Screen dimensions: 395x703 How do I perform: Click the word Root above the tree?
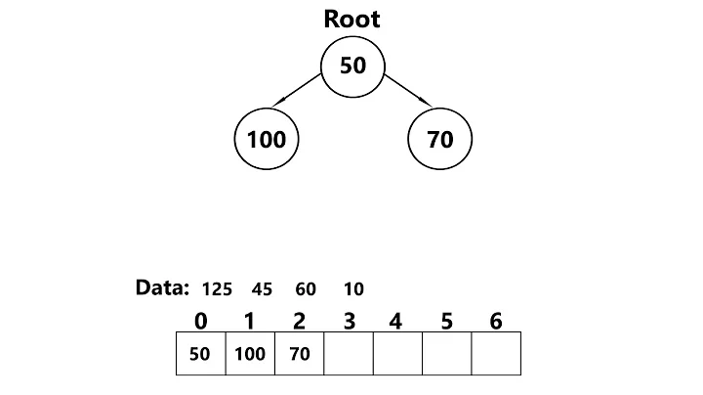pos(351,20)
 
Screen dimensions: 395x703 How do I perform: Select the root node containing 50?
pos(352,66)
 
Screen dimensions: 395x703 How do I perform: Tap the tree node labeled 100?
pos(267,139)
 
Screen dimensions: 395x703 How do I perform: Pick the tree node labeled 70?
pos(439,139)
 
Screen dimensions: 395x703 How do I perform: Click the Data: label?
pos(162,287)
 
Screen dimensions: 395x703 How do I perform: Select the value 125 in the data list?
pos(217,289)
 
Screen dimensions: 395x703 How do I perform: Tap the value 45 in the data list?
pos(261,289)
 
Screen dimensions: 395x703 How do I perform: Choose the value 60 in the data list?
pos(305,289)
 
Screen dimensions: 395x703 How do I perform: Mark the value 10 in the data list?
pos(354,289)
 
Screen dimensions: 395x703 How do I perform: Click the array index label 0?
pos(201,321)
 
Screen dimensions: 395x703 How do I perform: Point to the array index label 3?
pos(349,321)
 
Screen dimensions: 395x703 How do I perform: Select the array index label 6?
pos(496,321)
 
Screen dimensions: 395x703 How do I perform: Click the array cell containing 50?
pos(200,354)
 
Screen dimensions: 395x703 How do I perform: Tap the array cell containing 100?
pos(250,354)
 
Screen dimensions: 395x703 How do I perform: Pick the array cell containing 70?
pos(300,354)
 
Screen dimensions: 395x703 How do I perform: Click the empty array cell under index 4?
pos(397,354)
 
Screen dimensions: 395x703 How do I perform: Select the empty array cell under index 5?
pos(447,354)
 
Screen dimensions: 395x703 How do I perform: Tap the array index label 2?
pos(300,321)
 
